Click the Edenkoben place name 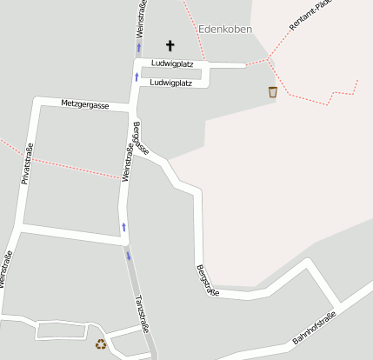tap(225, 30)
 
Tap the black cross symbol tap(170, 45)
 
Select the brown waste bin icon tap(273, 91)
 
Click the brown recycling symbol tap(101, 345)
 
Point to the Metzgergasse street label tap(85, 104)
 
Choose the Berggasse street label tap(140, 139)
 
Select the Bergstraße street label tap(207, 280)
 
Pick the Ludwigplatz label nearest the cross tap(171, 64)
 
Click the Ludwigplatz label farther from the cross tap(171, 83)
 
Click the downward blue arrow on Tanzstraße tap(129, 256)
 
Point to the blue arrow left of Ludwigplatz tap(137, 77)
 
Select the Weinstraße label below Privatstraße tap(7, 270)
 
